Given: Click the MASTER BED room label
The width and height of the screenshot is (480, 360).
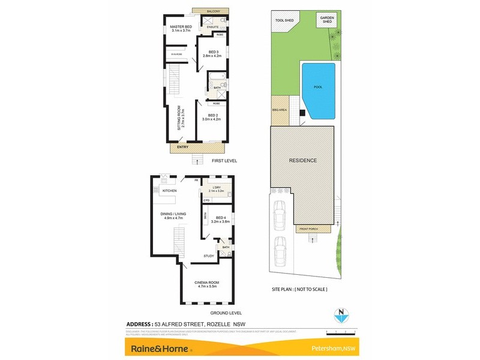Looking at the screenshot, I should point(181,28).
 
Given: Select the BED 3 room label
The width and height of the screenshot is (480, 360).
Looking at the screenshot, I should point(213,52).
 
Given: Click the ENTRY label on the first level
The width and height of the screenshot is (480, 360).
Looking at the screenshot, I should point(183,147).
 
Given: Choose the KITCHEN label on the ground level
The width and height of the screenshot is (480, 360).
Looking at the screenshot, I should point(169,190).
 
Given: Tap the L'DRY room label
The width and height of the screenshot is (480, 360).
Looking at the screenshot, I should point(215,188).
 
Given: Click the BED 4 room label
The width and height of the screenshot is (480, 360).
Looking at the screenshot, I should point(220,218).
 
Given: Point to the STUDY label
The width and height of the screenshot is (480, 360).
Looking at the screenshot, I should point(209,256).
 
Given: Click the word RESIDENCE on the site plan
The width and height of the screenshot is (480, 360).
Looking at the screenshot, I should point(303,161).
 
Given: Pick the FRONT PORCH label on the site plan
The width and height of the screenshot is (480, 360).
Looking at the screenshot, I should point(307,229).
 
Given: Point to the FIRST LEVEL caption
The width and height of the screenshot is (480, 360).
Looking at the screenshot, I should point(224,161).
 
